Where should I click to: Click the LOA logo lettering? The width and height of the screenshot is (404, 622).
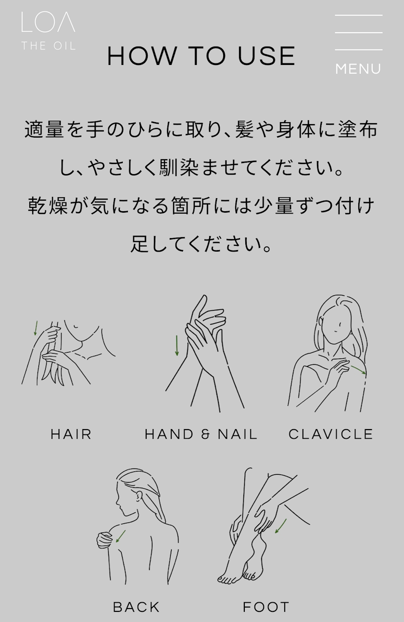point(48,22)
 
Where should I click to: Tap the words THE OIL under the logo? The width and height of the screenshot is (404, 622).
point(49,46)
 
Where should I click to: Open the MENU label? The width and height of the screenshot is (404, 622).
point(358,69)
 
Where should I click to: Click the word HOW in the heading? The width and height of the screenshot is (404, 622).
point(142,56)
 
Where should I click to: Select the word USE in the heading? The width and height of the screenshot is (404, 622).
point(266,56)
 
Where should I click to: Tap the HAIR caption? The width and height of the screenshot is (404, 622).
point(71,434)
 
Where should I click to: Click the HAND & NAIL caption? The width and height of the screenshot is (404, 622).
point(201,434)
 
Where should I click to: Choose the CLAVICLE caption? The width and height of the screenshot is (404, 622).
point(331,434)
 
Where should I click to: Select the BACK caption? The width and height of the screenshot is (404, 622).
point(136,607)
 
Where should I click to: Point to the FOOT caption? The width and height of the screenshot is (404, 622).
point(266,607)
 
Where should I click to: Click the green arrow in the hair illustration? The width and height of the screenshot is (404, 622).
point(36,328)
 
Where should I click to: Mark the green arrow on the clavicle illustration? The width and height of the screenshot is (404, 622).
point(358,370)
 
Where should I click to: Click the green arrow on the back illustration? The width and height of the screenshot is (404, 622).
point(121,536)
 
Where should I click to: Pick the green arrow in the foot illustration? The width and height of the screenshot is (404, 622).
point(281,526)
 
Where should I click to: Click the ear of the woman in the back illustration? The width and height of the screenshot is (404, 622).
point(139,496)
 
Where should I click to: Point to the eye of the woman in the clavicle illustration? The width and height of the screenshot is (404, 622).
point(341,324)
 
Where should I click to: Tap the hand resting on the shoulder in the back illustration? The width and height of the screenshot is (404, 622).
point(104,540)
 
